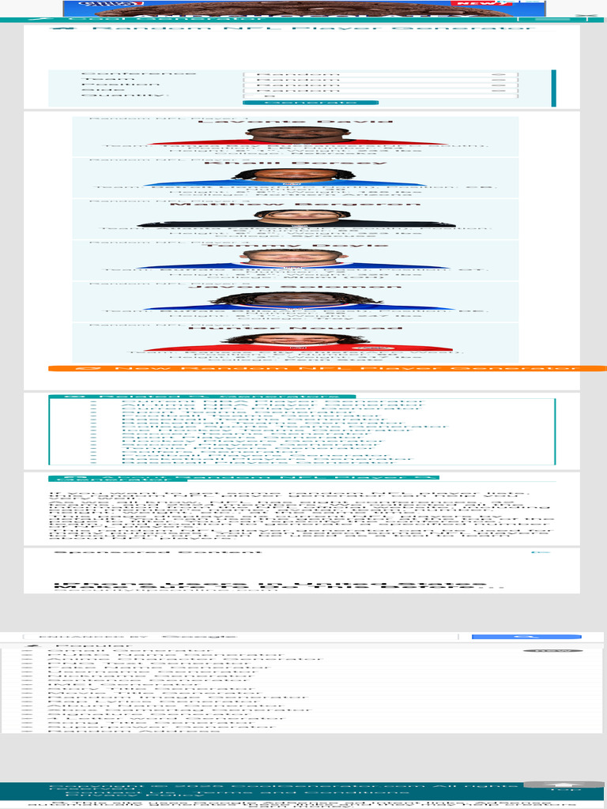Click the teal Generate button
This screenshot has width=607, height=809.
click(310, 103)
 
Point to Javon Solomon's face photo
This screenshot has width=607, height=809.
click(298, 299)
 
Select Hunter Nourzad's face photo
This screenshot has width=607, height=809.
click(298, 340)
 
